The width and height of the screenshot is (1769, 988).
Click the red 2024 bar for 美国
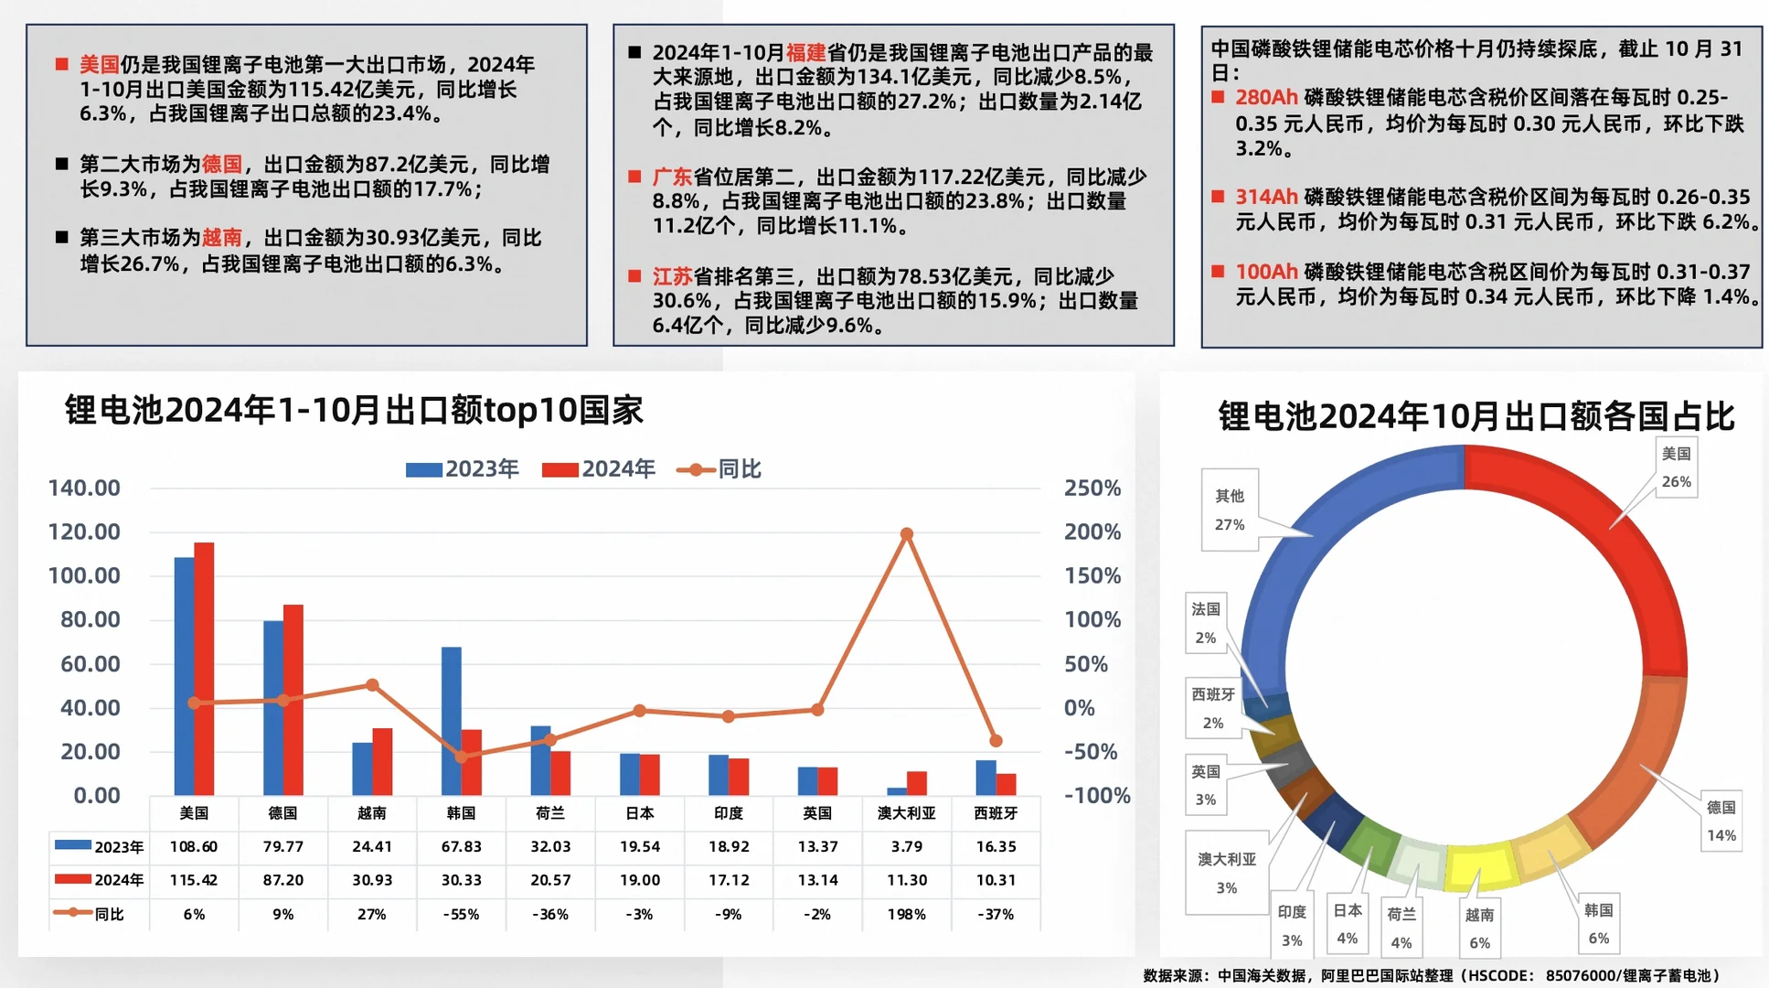pos(204,668)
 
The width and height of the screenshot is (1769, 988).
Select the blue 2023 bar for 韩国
pos(452,721)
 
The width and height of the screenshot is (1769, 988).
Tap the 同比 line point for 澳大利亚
pos(906,534)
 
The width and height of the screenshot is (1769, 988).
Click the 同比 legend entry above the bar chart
pos(719,469)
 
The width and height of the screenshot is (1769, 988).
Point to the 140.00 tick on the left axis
pos(84,489)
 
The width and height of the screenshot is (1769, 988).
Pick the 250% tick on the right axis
pos(1092,489)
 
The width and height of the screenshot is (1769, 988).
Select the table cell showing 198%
pos(906,914)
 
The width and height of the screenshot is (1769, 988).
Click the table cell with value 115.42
pos(194,880)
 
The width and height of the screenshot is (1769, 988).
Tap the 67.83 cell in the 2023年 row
pos(461,846)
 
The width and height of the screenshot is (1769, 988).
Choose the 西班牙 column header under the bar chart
pos(996,813)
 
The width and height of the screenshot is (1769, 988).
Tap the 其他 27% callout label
pos(1230,510)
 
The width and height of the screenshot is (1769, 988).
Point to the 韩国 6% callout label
pos(1598,924)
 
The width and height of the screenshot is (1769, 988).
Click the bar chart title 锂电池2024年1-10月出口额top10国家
pos(354,410)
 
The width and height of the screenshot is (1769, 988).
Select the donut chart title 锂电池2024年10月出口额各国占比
pos(1476,416)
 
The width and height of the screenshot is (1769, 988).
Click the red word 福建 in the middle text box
pos(805,53)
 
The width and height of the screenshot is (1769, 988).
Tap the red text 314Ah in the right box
pos(1266,197)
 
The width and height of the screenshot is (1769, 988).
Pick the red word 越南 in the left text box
pos(221,238)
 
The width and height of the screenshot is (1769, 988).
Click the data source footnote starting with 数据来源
pos(1432,975)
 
